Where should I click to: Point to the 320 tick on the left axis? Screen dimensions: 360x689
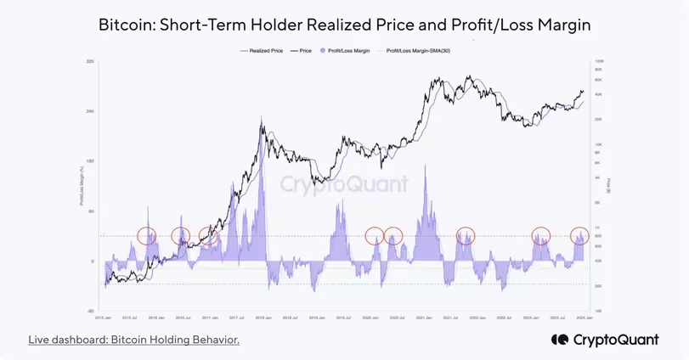[91, 62]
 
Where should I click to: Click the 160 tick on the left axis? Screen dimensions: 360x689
[91, 161]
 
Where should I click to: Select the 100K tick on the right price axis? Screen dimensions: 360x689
[598, 62]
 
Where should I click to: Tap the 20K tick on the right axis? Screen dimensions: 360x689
[598, 119]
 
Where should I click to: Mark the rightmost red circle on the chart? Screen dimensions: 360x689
[579, 235]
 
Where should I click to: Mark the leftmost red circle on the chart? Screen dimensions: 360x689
[147, 235]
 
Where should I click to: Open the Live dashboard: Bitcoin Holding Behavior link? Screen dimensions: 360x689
[133, 340]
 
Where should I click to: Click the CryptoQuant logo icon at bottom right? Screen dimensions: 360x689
[560, 340]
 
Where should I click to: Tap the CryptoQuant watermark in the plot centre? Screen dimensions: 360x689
[345, 183]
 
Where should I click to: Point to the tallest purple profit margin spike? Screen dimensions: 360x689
[259, 128]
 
